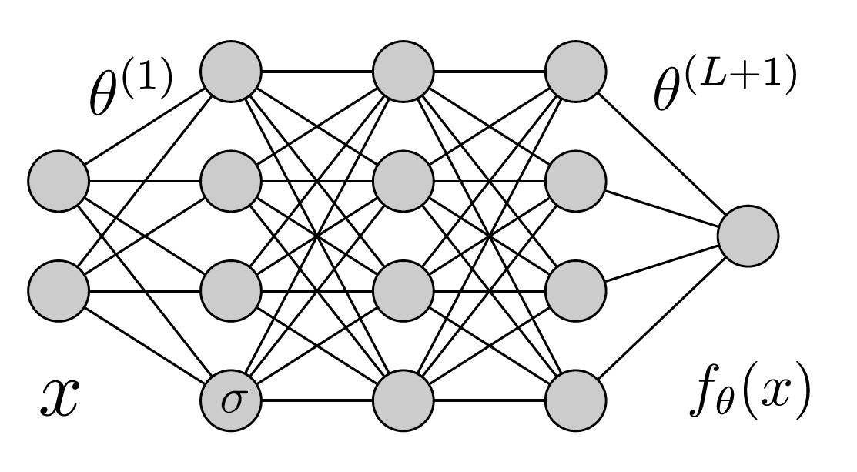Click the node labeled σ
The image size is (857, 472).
pos(230,400)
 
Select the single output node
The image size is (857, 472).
pos(748,236)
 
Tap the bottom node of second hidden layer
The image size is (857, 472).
pos(403,400)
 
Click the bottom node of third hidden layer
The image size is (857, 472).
pos(575,400)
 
